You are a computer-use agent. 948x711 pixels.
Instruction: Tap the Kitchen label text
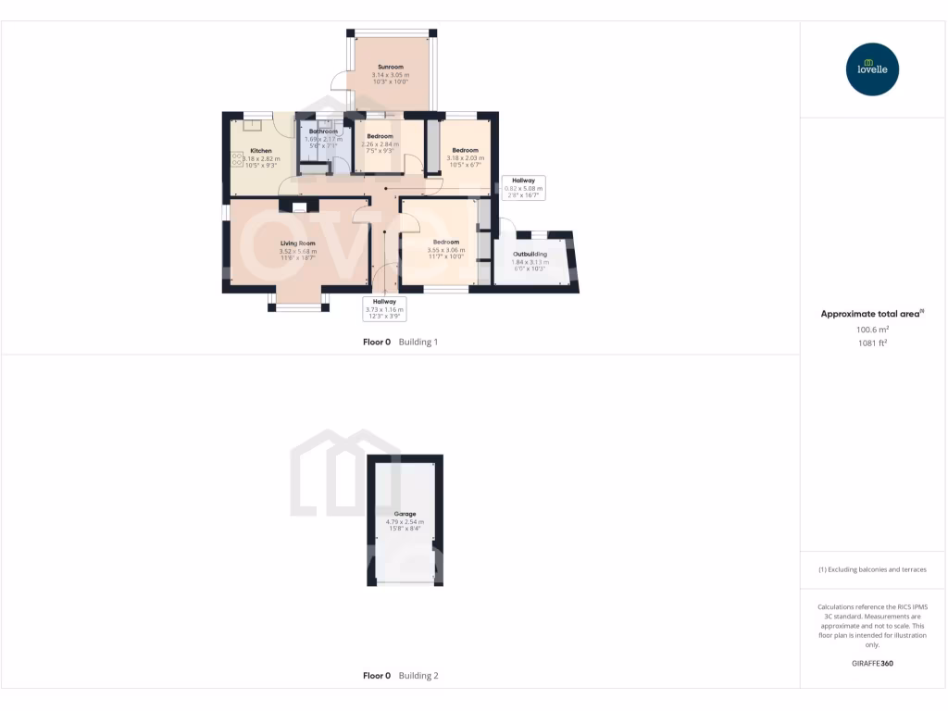click(x=261, y=151)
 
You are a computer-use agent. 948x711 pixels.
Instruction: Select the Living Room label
click(x=298, y=243)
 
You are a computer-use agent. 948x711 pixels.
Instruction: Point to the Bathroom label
click(x=323, y=131)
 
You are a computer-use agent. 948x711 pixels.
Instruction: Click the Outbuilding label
click(x=530, y=254)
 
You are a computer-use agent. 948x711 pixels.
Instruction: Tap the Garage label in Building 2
click(x=405, y=514)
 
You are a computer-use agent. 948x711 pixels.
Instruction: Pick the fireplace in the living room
click(x=298, y=206)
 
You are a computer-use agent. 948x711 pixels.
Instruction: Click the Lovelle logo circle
click(x=873, y=69)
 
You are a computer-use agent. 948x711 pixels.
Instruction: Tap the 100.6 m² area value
click(x=872, y=329)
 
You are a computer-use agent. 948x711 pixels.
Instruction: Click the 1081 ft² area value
click(x=872, y=343)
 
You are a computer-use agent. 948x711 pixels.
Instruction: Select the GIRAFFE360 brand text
click(x=872, y=663)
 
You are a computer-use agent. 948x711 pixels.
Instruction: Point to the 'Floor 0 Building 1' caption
click(x=400, y=342)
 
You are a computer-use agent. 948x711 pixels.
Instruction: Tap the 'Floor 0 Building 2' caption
click(x=400, y=676)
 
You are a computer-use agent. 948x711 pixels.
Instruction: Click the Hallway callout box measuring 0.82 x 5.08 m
click(x=524, y=188)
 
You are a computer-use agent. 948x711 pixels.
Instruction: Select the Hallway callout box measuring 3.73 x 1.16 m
click(x=384, y=308)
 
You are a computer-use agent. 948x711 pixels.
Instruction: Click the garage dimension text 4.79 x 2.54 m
click(x=405, y=522)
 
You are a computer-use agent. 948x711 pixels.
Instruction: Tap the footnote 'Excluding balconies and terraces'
click(x=872, y=569)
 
